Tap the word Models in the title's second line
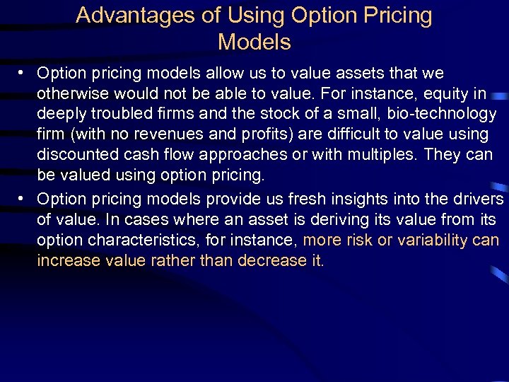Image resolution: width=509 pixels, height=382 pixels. pyautogui.click(x=255, y=42)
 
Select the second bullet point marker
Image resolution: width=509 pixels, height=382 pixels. pyautogui.click(x=23, y=199)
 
